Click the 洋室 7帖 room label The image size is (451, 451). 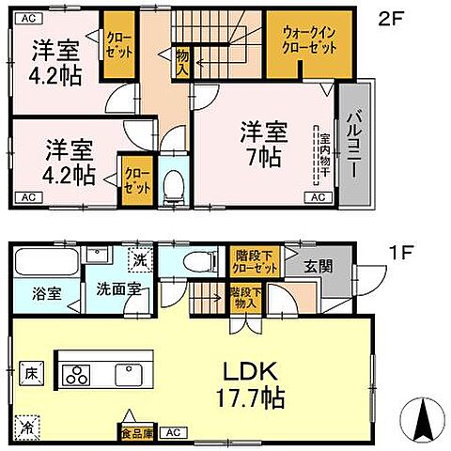click(262, 144)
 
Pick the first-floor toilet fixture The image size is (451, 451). click(193, 261)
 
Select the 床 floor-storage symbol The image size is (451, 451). click(29, 371)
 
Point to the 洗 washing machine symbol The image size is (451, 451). click(137, 259)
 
